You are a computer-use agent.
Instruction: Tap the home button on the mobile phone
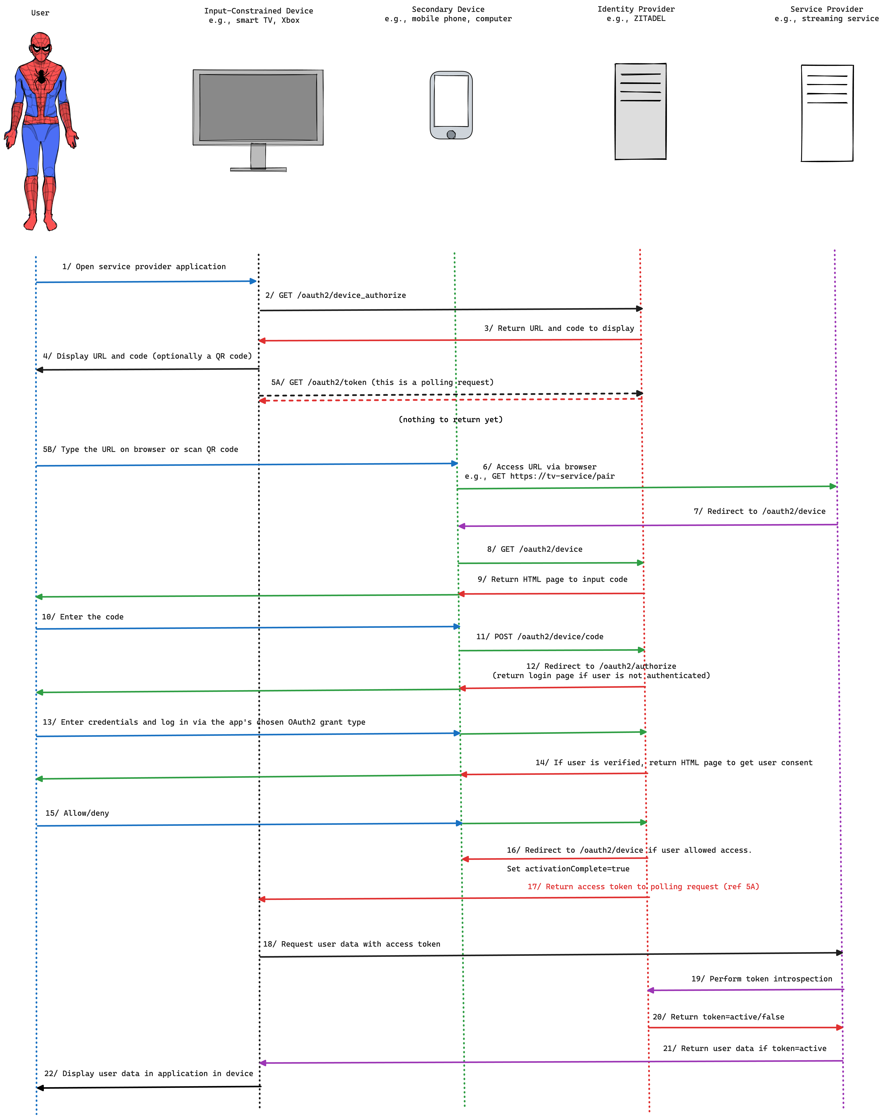point(451,135)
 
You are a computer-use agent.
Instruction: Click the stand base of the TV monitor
point(258,169)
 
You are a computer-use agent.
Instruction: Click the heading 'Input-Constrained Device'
point(259,11)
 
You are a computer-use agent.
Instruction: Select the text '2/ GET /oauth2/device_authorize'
point(335,295)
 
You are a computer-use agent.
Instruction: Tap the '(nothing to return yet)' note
point(450,419)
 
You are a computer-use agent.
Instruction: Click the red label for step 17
point(643,886)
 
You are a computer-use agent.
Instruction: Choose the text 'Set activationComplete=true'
point(568,869)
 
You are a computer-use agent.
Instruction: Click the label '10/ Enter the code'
point(82,617)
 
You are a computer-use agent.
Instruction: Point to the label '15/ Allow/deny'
point(77,813)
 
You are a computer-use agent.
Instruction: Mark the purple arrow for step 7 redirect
point(646,525)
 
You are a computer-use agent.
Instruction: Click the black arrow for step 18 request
point(551,955)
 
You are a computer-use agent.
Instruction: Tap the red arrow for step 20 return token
point(744,1027)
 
